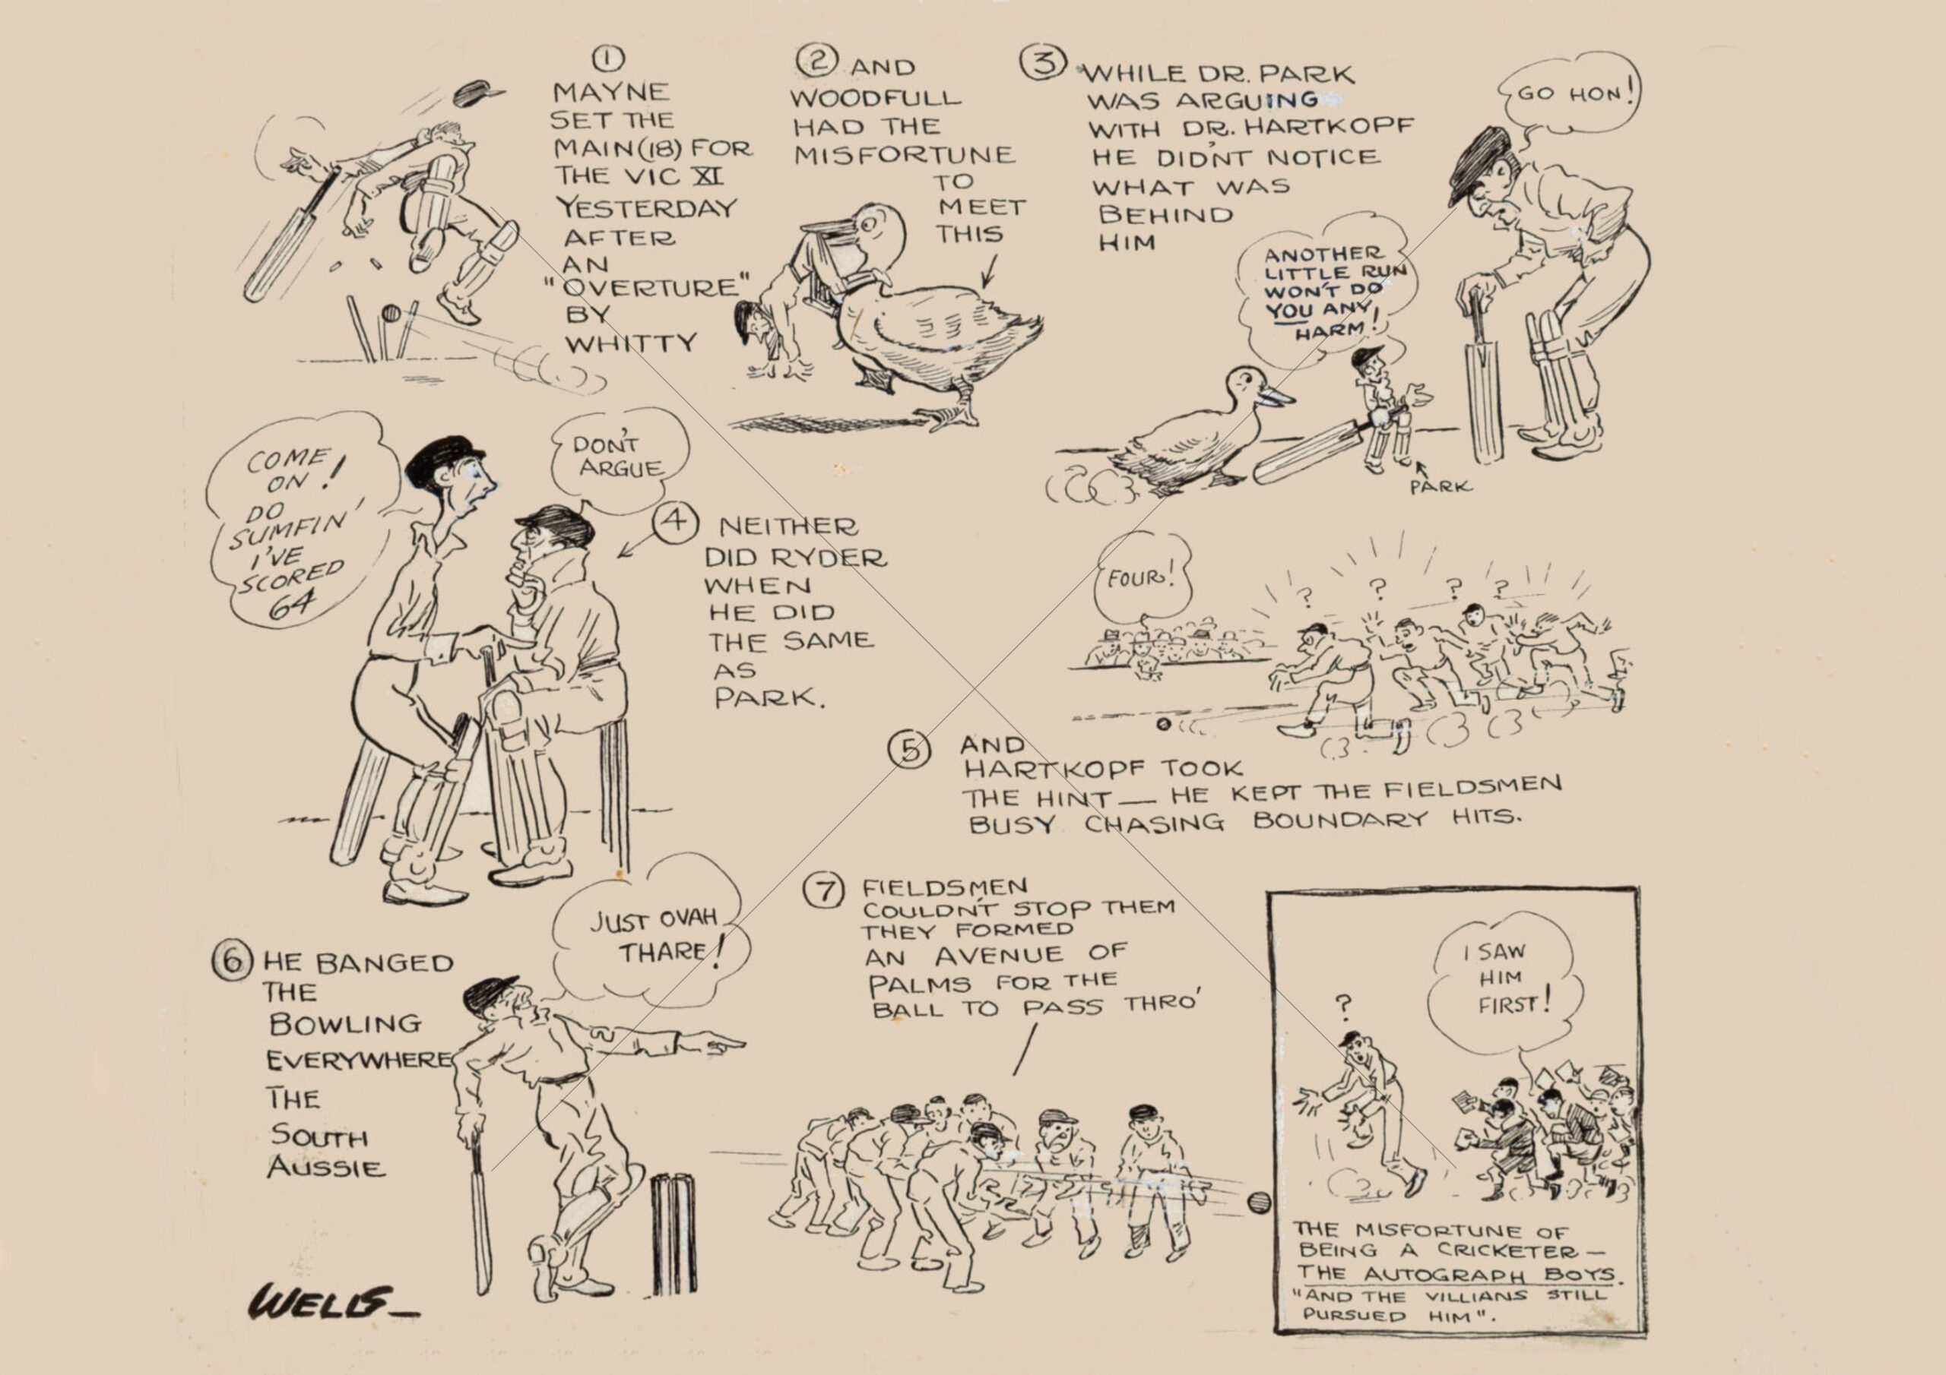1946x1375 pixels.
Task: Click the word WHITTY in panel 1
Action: [631, 344]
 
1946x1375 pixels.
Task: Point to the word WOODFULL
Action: [876, 97]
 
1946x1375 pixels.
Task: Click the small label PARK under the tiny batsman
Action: [1440, 487]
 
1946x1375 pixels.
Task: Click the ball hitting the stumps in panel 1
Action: [391, 314]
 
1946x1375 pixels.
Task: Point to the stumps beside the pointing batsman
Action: [673, 1233]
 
